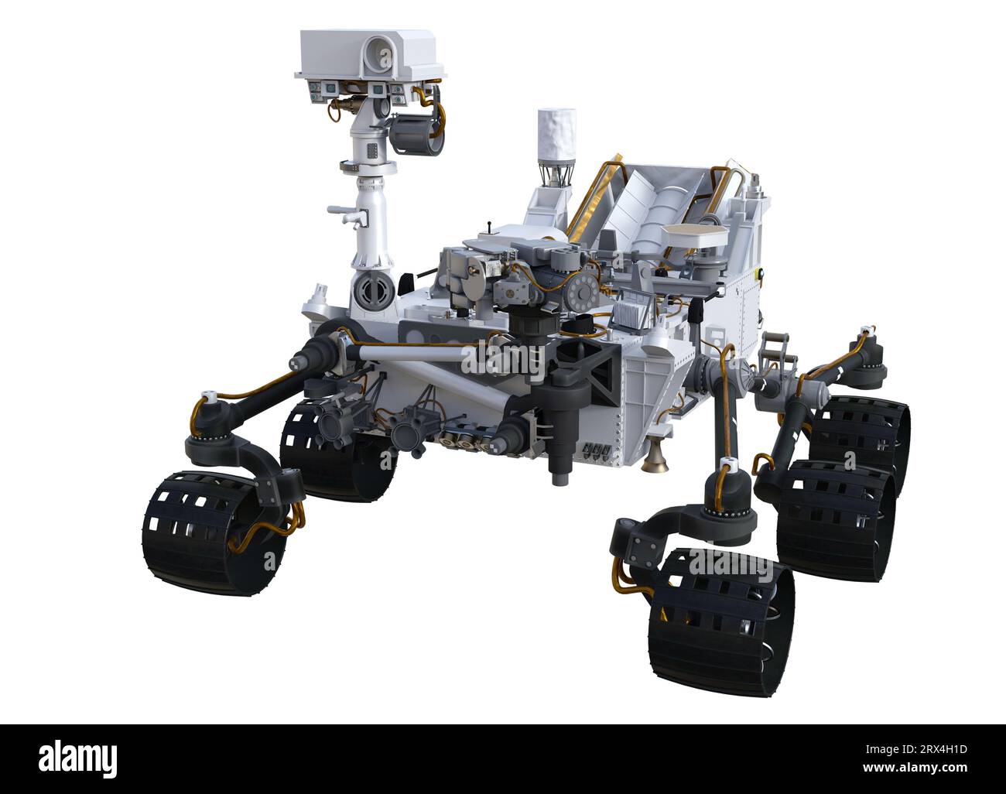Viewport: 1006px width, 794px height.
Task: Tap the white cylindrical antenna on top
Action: pyautogui.click(x=556, y=134)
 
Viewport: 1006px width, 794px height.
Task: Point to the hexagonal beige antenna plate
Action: pyautogui.click(x=696, y=234)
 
